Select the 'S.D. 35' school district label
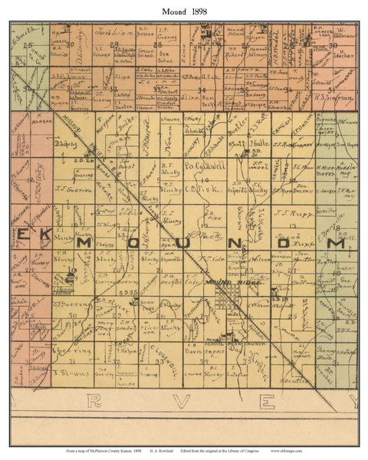[x=131, y=292]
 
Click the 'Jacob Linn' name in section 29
[x=109, y=33]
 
